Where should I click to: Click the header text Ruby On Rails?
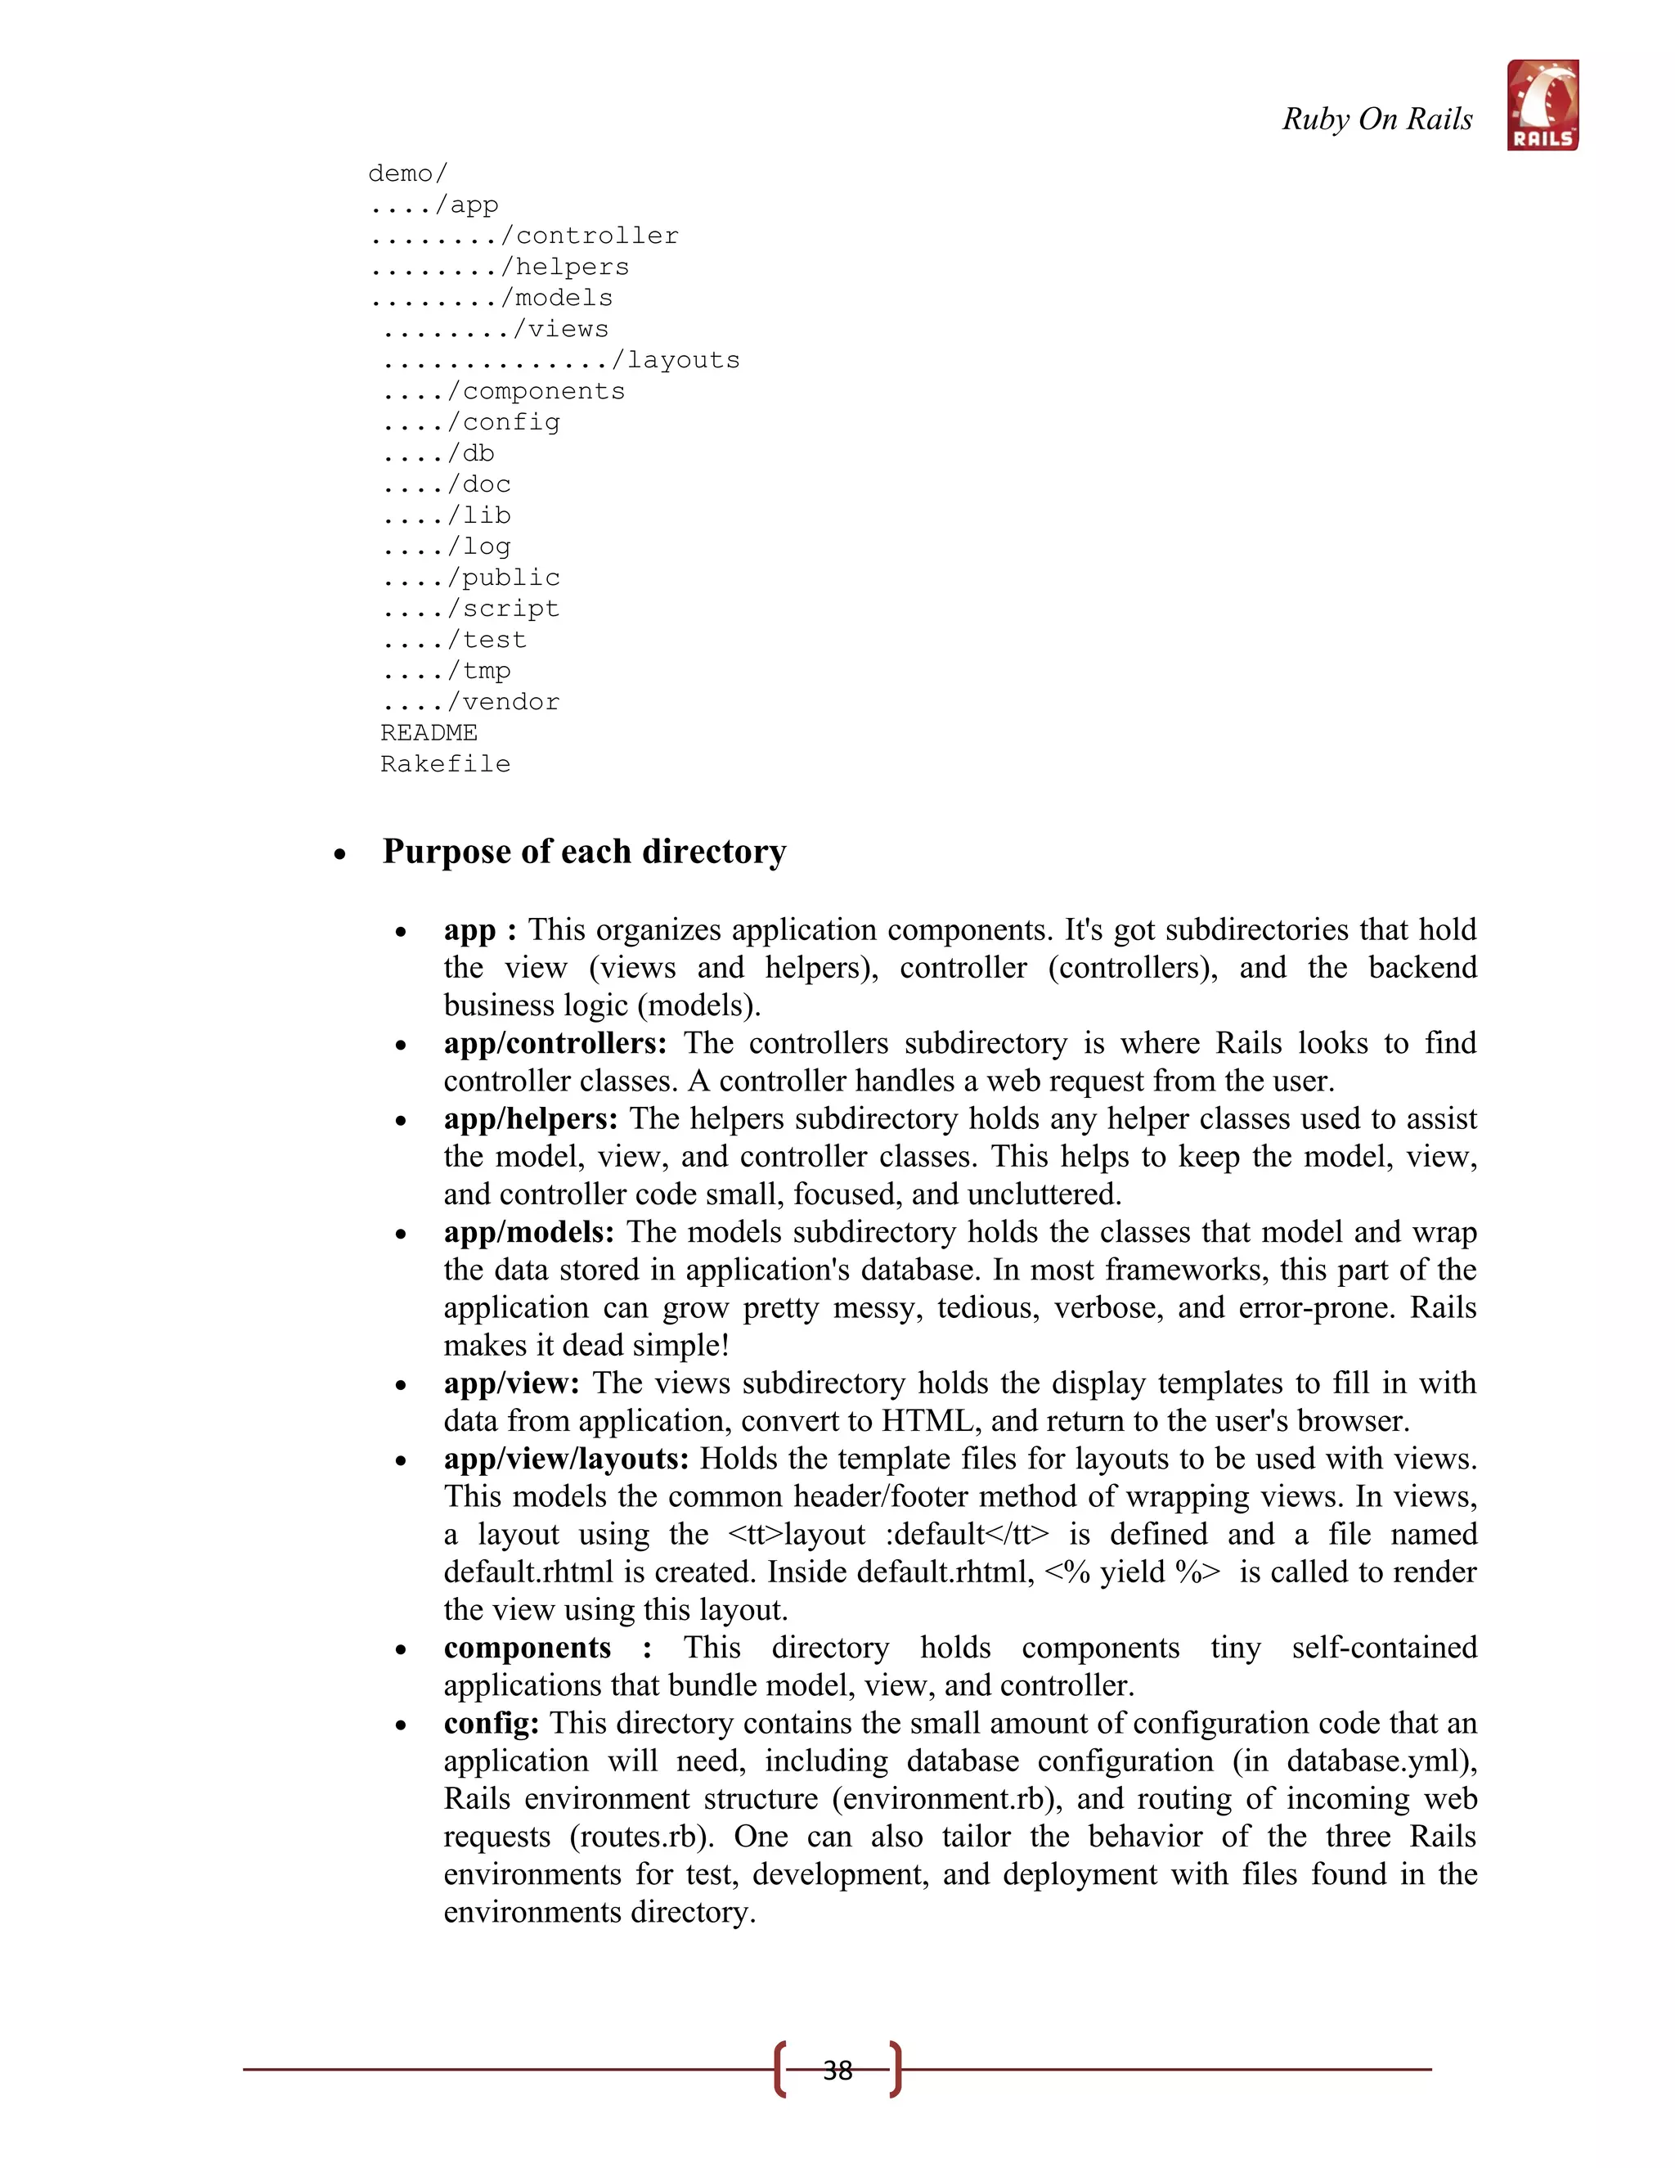tap(1376, 119)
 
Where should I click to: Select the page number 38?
tap(837, 2070)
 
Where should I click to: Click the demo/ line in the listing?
tap(406, 173)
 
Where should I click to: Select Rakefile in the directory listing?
tap(445, 764)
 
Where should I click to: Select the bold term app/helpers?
tap(530, 1118)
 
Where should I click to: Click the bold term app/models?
tap(529, 1232)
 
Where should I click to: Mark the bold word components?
tap(527, 1647)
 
